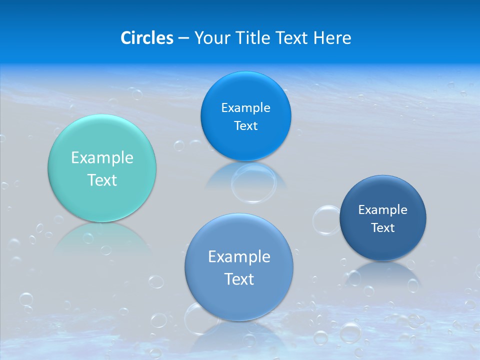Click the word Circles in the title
point(146,37)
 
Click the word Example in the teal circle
point(102,158)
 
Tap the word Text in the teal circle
point(102,180)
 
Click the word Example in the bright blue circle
point(245,107)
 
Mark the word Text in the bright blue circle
point(245,125)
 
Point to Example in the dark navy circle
point(383,209)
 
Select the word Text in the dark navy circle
point(383,227)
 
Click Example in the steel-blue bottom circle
point(239,256)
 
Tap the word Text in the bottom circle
point(239,278)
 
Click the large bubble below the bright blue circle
point(253,182)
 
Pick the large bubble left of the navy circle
point(326,220)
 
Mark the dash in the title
point(183,37)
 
